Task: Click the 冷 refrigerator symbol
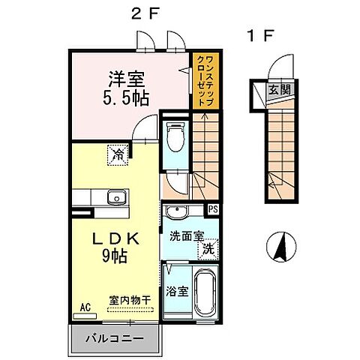[118, 154]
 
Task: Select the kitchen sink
[115, 198]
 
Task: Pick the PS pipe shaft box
[213, 210]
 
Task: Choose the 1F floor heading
[256, 35]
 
